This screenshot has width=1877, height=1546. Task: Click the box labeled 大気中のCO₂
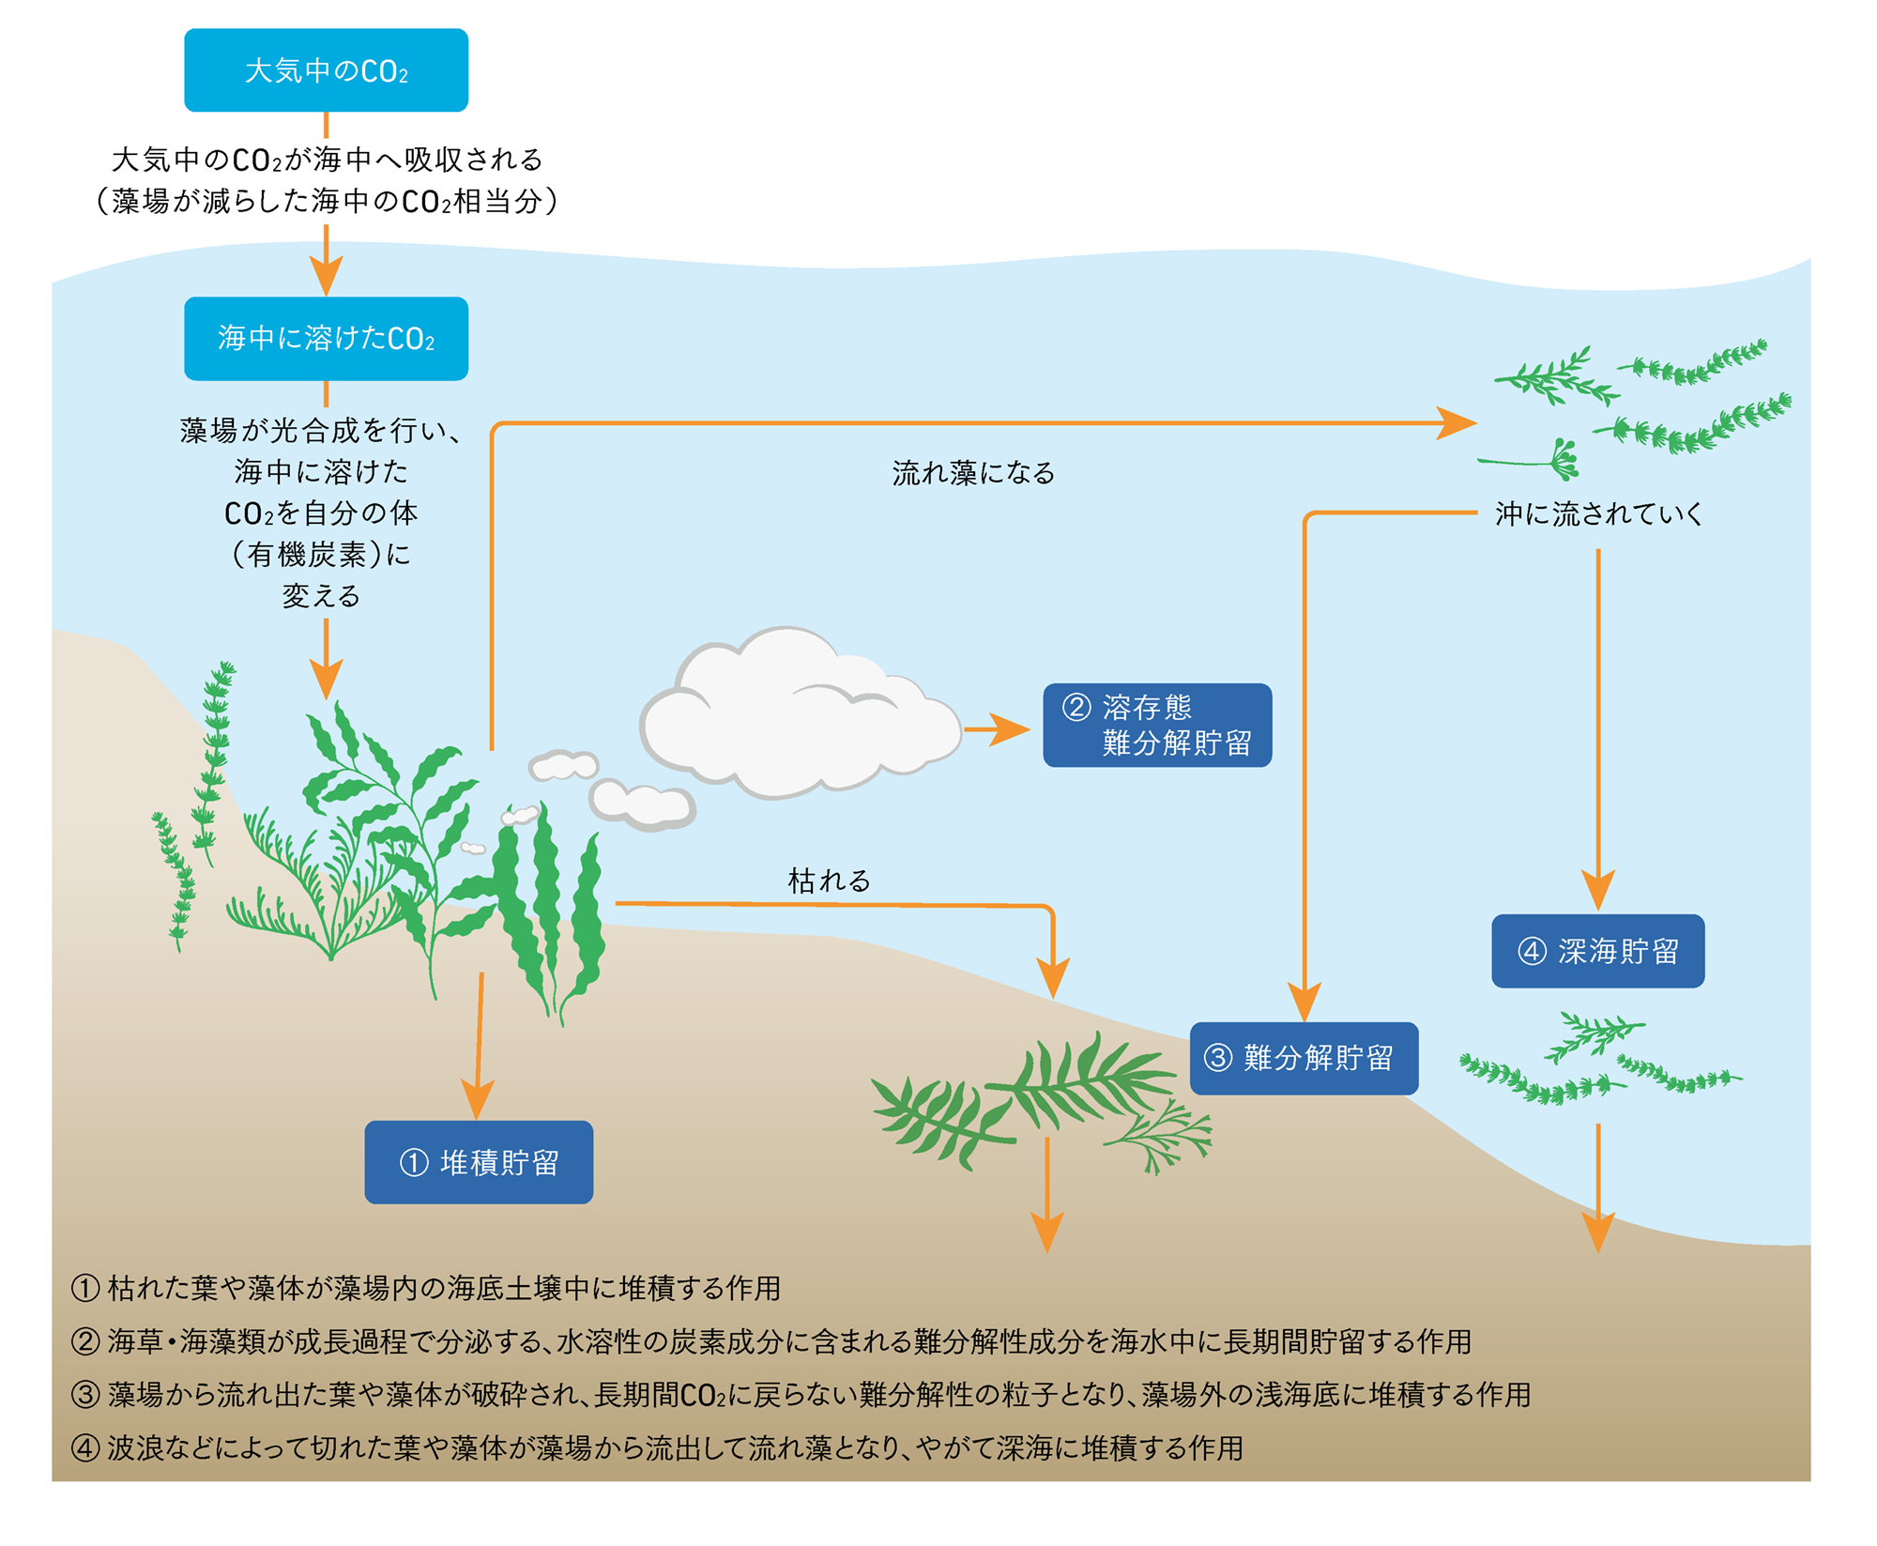click(326, 70)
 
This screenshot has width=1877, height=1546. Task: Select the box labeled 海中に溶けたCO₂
click(326, 339)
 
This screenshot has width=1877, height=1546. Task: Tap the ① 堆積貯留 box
click(479, 1162)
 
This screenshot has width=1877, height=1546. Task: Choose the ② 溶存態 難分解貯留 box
click(1157, 725)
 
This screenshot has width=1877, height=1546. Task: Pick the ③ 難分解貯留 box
click(1304, 1058)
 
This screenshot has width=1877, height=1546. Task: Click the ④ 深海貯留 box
click(1597, 951)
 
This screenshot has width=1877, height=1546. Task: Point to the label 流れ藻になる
click(973, 472)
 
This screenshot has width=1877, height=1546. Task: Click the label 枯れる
click(829, 880)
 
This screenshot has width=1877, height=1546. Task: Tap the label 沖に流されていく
click(1598, 513)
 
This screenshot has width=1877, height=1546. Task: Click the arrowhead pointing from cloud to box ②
click(1012, 729)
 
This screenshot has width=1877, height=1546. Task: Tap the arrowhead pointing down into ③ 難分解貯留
click(1305, 1001)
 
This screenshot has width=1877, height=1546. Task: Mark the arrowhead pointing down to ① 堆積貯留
click(478, 1098)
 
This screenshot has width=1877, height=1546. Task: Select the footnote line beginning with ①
click(425, 1288)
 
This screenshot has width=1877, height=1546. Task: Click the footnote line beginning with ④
click(657, 1447)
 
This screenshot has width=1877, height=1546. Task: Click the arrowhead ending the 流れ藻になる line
click(1456, 423)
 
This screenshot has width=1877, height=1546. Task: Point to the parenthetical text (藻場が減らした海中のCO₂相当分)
click(326, 201)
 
